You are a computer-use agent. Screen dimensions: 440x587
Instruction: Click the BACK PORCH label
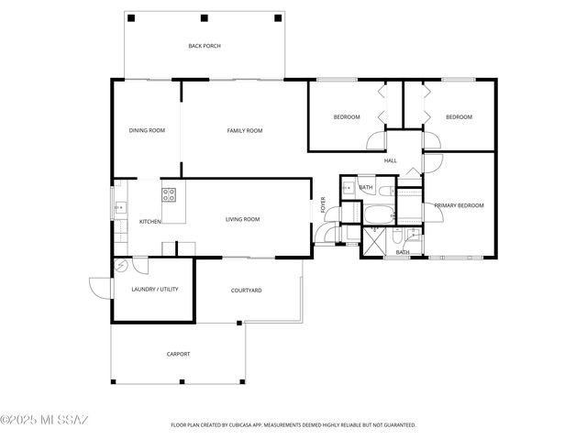[204, 46]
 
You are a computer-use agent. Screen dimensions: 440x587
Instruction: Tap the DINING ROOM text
[146, 131]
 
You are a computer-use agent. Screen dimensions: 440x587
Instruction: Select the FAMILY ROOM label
[244, 131]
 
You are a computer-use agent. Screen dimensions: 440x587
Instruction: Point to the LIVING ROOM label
[243, 220]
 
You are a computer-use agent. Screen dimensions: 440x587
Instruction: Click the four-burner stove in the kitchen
[170, 193]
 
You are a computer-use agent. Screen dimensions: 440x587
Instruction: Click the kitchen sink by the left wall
[118, 208]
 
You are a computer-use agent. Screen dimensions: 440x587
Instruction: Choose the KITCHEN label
[150, 222]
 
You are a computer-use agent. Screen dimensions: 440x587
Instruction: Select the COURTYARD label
[246, 291]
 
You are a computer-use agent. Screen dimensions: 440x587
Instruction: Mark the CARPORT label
[178, 354]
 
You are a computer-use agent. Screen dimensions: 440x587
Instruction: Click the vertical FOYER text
[323, 205]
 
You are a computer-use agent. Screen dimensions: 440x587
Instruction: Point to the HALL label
[390, 161]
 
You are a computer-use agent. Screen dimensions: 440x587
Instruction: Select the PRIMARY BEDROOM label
[459, 205]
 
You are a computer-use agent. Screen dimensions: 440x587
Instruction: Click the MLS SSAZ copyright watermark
[44, 421]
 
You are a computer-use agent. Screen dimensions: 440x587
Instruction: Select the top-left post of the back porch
[130, 18]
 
